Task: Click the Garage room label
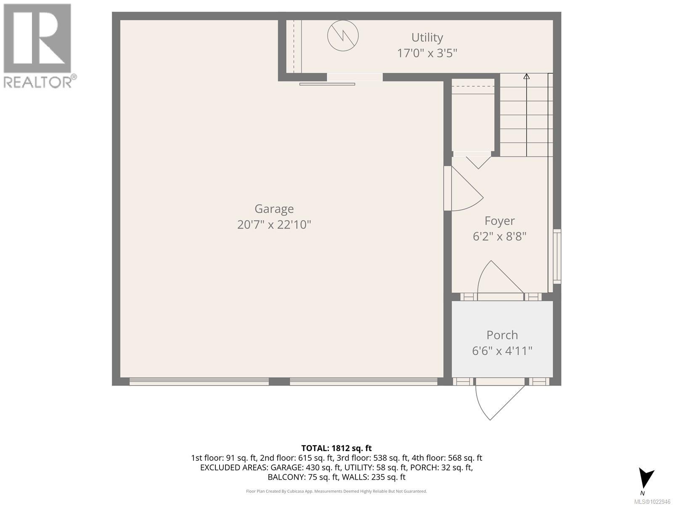pyautogui.click(x=274, y=209)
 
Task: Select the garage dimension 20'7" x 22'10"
pyautogui.click(x=274, y=224)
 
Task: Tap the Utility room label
pyautogui.click(x=427, y=37)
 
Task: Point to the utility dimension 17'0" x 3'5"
pyautogui.click(x=427, y=53)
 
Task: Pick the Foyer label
pyautogui.click(x=499, y=221)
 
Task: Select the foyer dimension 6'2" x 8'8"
pyautogui.click(x=499, y=237)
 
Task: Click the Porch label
pyautogui.click(x=502, y=335)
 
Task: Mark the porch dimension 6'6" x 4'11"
pyautogui.click(x=502, y=351)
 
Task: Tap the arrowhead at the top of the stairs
pyautogui.click(x=526, y=76)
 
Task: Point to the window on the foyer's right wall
pyautogui.click(x=557, y=256)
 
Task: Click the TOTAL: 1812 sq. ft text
pyautogui.click(x=336, y=448)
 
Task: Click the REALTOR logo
pyautogui.click(x=38, y=45)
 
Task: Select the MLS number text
pyautogui.click(x=652, y=501)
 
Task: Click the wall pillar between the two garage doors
pyautogui.click(x=279, y=381)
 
